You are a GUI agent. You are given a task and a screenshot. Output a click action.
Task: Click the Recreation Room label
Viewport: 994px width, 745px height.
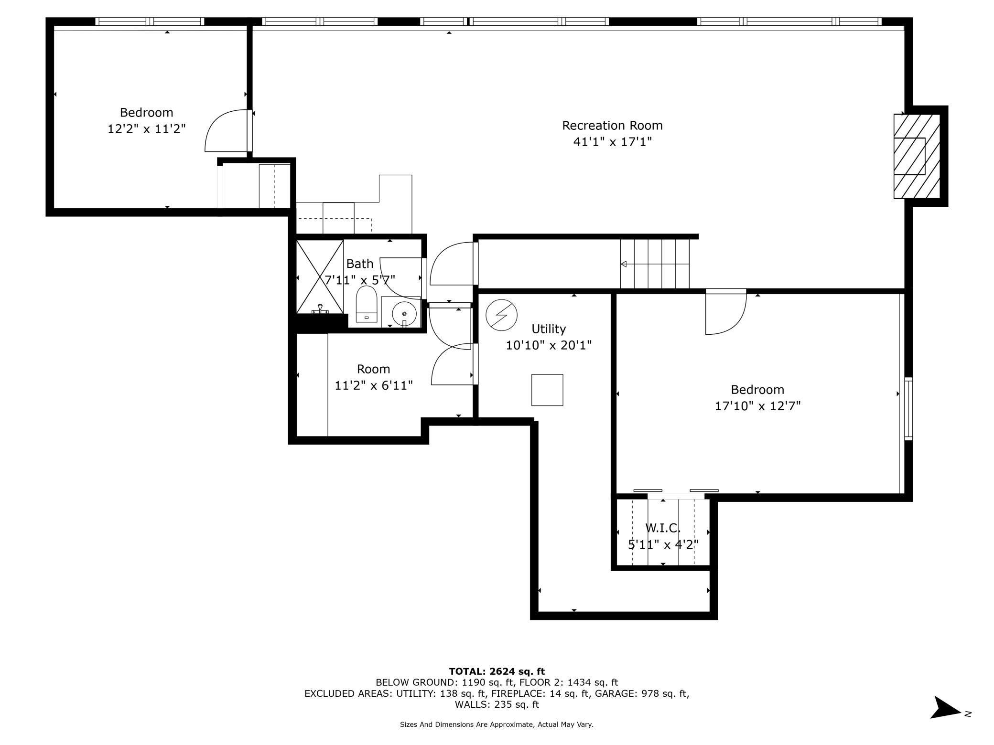612,126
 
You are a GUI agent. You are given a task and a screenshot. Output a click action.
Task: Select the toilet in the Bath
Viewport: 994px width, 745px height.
367,305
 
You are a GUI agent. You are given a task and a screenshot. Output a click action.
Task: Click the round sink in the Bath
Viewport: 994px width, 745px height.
404,314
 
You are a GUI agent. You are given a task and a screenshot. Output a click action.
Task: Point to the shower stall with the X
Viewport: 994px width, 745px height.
320,277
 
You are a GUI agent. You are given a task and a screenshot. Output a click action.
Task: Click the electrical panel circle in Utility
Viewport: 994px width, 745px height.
501,315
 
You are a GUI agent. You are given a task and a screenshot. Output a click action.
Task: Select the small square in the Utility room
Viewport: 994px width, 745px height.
547,390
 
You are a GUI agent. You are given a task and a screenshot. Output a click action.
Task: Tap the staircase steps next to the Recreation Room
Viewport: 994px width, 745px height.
655,264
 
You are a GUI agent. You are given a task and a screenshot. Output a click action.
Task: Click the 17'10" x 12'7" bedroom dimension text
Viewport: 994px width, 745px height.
757,406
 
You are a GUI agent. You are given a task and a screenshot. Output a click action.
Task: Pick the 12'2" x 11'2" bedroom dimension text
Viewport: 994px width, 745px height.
146,129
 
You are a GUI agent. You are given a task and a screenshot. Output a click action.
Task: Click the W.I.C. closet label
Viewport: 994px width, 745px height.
663,528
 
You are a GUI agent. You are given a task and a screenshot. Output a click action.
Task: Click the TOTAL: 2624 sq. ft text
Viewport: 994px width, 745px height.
497,671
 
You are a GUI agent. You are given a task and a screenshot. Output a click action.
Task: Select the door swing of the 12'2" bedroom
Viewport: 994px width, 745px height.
225,131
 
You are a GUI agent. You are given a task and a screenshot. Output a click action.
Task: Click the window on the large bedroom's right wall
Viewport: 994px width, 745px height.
908,408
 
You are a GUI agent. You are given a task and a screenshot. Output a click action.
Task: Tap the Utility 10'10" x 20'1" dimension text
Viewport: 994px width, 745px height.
549,345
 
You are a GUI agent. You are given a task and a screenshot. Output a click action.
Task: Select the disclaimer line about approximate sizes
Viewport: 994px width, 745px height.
497,724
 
